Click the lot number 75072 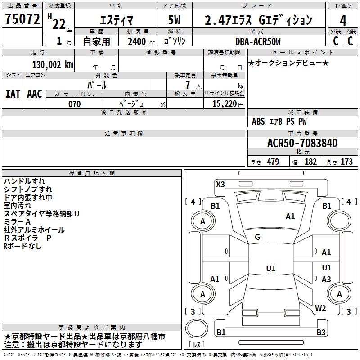pyautogui.click(x=22, y=18)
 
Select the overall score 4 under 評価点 pyautogui.click(x=343, y=21)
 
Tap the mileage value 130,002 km pyautogui.click(x=53, y=65)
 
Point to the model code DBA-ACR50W pyautogui.click(x=258, y=41)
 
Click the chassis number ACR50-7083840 pyautogui.click(x=302, y=143)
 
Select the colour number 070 pyautogui.click(x=75, y=104)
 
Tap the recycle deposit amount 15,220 pyautogui.click(x=225, y=104)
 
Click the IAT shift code pyautogui.click(x=13, y=94)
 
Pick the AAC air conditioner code pyautogui.click(x=35, y=94)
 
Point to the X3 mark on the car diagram pyautogui.click(x=220, y=184)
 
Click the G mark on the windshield pyautogui.click(x=257, y=237)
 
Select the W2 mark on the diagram pyautogui.click(x=320, y=308)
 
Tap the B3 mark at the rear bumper pyautogui.click(x=321, y=332)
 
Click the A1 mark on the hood pyautogui.click(x=290, y=216)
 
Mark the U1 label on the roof pyautogui.click(x=271, y=268)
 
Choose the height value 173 pyautogui.click(x=346, y=162)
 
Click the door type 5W pyautogui.click(x=174, y=20)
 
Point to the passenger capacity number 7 pyautogui.click(x=188, y=85)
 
